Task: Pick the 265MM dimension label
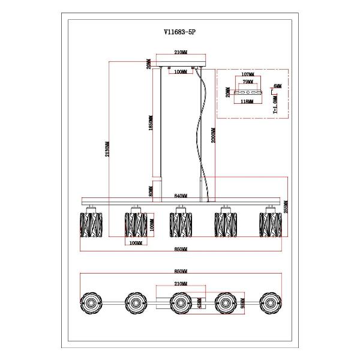point(287,205)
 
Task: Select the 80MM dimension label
point(152,191)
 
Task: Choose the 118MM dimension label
point(247,102)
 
